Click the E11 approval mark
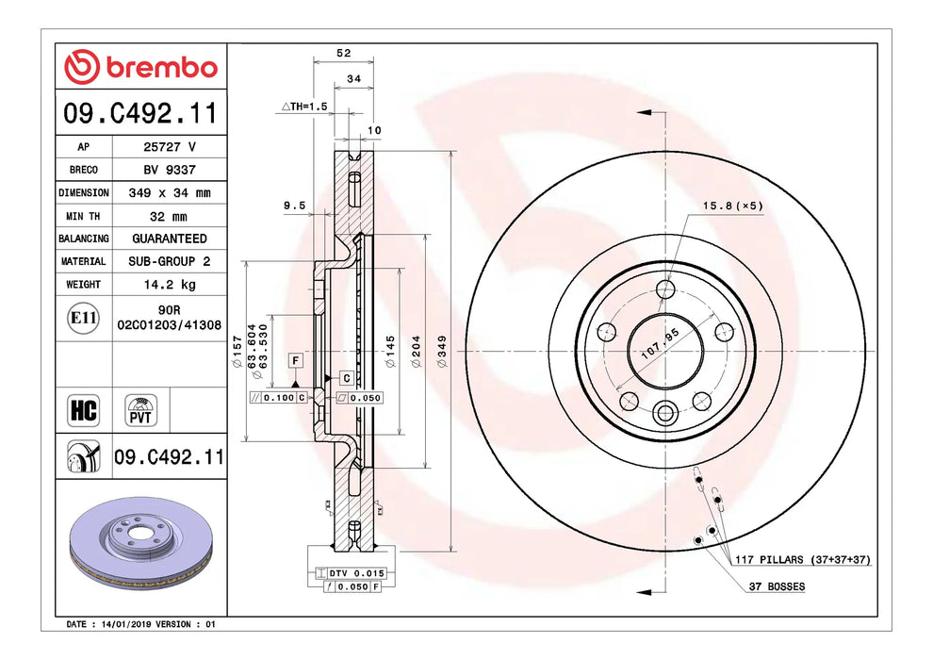coord(84,318)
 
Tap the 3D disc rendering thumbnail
coord(141,547)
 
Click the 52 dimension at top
coord(343,54)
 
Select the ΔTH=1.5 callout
coord(304,107)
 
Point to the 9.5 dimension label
coord(294,205)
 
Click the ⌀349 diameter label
coord(441,351)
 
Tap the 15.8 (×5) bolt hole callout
coord(730,205)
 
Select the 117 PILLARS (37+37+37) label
coord(803,560)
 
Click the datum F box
coord(296,361)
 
